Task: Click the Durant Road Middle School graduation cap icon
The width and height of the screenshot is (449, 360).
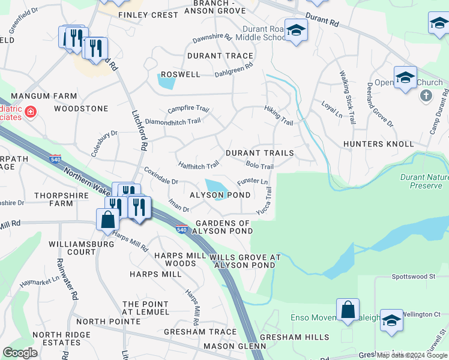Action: click(296, 29)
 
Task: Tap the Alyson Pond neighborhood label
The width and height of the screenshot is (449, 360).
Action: click(220, 196)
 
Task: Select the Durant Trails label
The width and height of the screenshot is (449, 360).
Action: click(260, 153)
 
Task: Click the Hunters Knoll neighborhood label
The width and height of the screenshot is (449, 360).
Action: click(379, 144)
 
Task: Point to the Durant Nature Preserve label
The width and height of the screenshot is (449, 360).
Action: click(424, 181)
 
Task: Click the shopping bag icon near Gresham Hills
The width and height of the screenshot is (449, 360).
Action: click(348, 310)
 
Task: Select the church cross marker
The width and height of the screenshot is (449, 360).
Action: click(426, 95)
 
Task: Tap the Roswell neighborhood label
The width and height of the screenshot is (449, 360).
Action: click(180, 74)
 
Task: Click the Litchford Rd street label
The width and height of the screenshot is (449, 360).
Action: click(139, 129)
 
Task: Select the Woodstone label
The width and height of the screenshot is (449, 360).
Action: click(81, 109)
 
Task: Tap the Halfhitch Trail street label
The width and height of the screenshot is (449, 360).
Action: click(199, 165)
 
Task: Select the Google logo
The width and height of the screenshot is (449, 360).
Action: click(20, 353)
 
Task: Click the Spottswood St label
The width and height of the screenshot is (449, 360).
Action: click(413, 277)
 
